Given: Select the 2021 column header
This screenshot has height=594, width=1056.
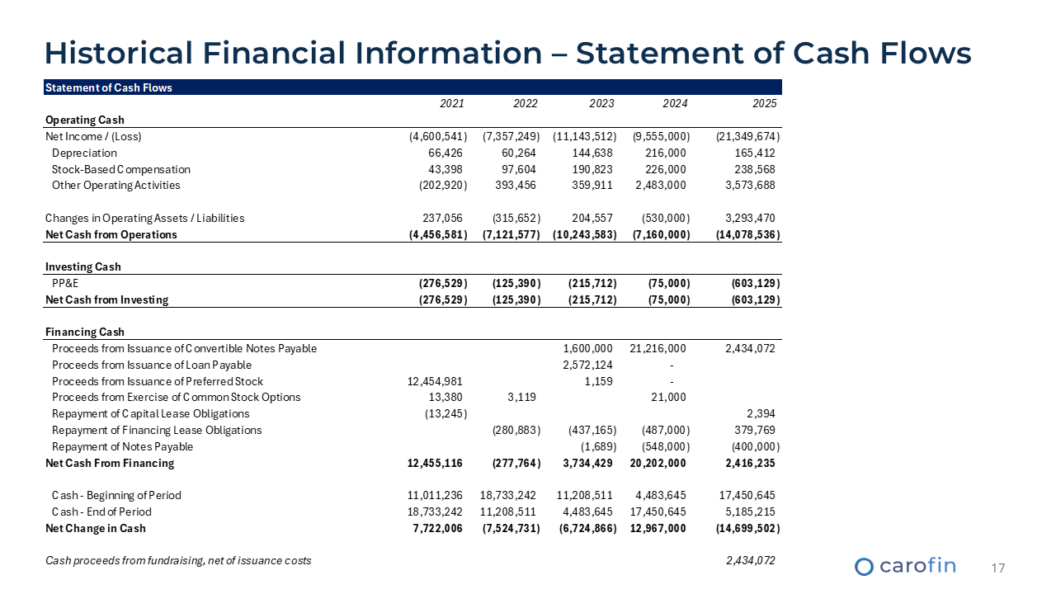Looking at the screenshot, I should [451, 104].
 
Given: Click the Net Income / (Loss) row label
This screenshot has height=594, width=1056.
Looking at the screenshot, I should [99, 136].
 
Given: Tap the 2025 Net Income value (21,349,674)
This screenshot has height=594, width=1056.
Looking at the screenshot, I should [748, 136].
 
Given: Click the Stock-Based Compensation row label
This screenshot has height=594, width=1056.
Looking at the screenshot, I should [120, 169].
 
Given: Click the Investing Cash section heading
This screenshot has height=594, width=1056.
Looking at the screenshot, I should [82, 266].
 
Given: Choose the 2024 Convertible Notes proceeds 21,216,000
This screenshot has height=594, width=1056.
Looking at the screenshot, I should [658, 348].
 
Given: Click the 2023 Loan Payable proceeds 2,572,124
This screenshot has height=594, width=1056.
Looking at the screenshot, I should [587, 365].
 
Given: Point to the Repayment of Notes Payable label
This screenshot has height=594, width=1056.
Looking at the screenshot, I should [122, 446].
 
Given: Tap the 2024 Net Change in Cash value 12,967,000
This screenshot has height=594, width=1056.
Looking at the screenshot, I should [658, 528].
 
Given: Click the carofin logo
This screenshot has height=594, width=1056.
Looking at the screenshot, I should [905, 566].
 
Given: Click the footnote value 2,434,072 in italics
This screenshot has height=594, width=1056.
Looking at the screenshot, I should [747, 561].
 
